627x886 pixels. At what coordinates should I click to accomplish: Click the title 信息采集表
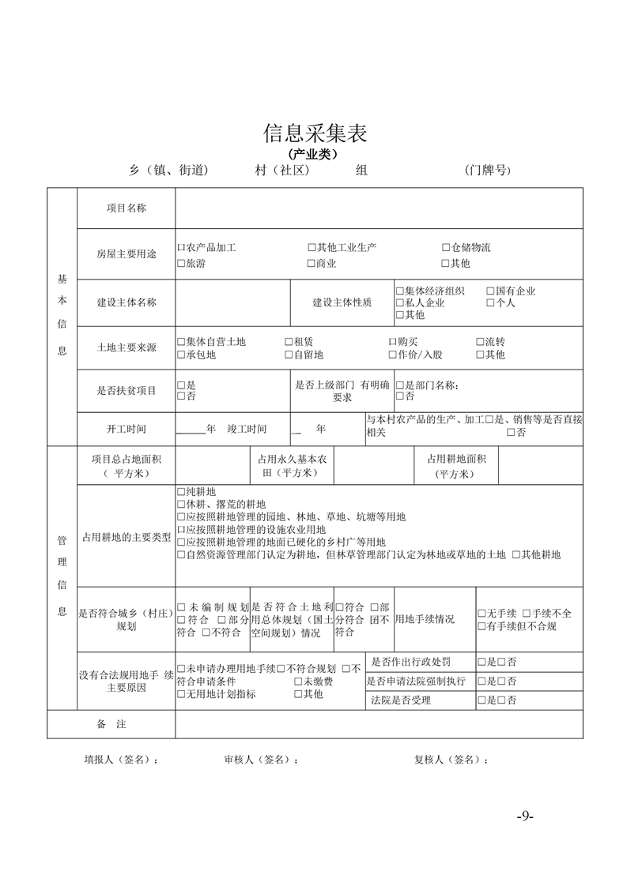point(315,133)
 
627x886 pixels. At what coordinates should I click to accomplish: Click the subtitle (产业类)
point(315,153)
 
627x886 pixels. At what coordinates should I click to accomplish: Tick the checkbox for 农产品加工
point(181,248)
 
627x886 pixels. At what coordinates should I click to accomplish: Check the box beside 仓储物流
point(446,248)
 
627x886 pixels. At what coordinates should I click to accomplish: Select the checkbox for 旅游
point(181,264)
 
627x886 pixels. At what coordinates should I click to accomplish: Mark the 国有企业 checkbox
point(490,291)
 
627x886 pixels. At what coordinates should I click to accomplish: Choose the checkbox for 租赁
point(289,342)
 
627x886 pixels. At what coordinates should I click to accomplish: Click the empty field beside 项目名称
point(380,208)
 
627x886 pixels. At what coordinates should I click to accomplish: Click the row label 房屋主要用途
point(127,254)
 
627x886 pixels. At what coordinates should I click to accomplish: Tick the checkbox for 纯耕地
point(181,492)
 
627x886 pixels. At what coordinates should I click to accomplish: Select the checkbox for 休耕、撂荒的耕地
point(181,505)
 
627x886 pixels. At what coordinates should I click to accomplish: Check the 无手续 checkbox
point(482,614)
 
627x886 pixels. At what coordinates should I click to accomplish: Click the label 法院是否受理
point(401,700)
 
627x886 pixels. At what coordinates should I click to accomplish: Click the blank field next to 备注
point(380,724)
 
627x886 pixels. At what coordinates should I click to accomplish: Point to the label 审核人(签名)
point(261,760)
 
